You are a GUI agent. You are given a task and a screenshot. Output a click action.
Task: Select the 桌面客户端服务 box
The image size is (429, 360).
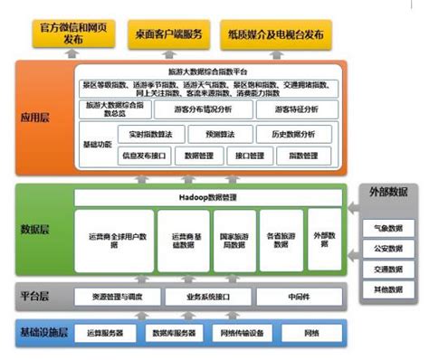167,33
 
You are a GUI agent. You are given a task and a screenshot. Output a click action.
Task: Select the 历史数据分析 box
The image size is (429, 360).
293,133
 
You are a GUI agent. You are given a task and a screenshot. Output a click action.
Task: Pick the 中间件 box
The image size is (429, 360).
300,296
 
